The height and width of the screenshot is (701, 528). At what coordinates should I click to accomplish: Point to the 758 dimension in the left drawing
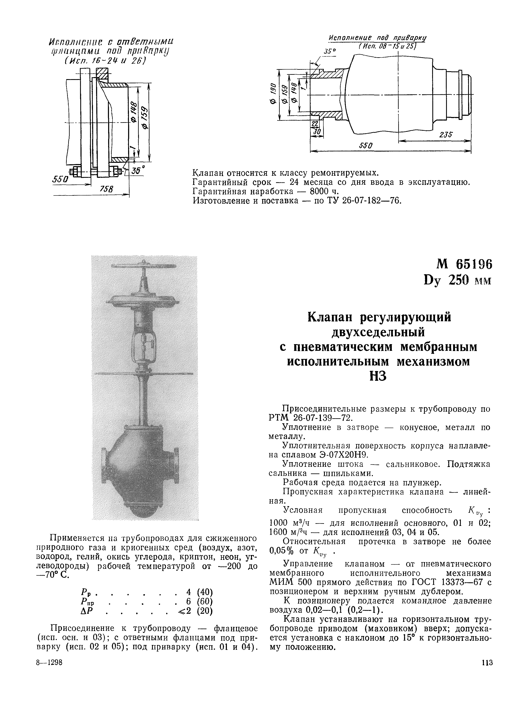104,189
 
